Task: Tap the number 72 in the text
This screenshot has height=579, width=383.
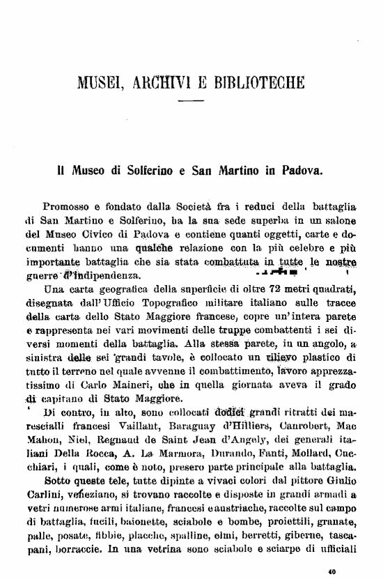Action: [x=260, y=289]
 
